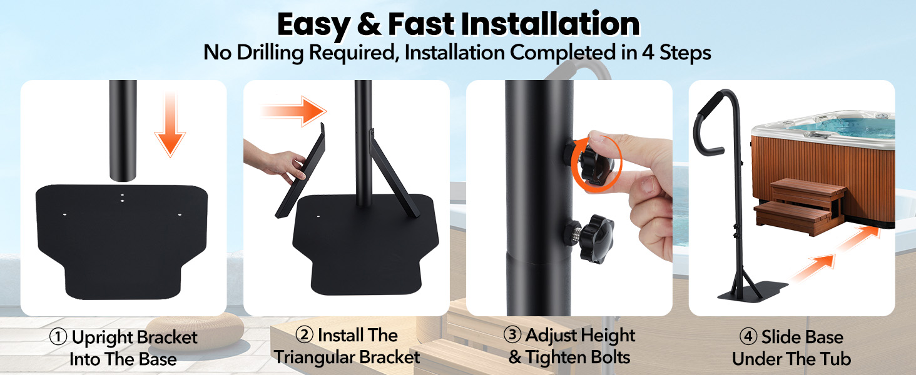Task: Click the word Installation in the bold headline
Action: pos(550,24)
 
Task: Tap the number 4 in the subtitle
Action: pos(648,52)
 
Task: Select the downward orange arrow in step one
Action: pos(170,124)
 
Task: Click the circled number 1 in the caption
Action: pos(58,337)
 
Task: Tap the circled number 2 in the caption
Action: pos(304,334)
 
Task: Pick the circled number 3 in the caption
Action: pos(512,334)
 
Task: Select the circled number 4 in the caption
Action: pos(748,337)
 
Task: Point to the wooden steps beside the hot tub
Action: pos(800,206)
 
